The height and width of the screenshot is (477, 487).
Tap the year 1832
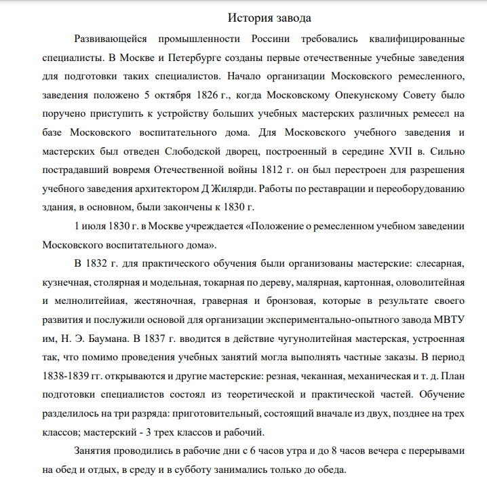[101, 262]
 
